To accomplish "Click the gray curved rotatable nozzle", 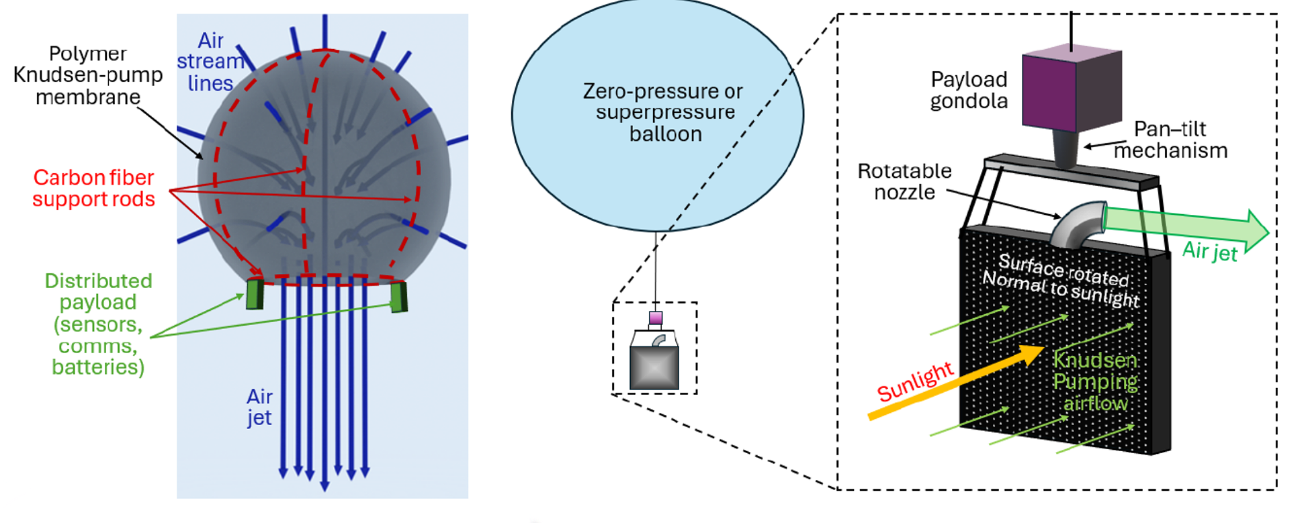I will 1078,225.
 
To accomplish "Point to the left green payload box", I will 255,293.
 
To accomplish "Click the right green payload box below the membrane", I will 399,297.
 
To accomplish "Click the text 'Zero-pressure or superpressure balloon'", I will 664,112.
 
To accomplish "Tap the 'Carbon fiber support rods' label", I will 94,188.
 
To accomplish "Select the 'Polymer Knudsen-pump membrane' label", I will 87,75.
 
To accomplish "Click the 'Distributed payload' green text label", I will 98,324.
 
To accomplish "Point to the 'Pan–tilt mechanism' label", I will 1170,140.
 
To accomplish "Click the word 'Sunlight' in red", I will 915,381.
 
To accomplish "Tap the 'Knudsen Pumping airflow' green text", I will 1095,381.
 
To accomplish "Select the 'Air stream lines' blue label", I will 210,62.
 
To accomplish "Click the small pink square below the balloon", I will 656,318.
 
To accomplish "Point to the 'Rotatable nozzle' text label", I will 904,181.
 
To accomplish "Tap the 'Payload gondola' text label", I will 969,90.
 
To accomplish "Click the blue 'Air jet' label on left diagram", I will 259,407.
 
